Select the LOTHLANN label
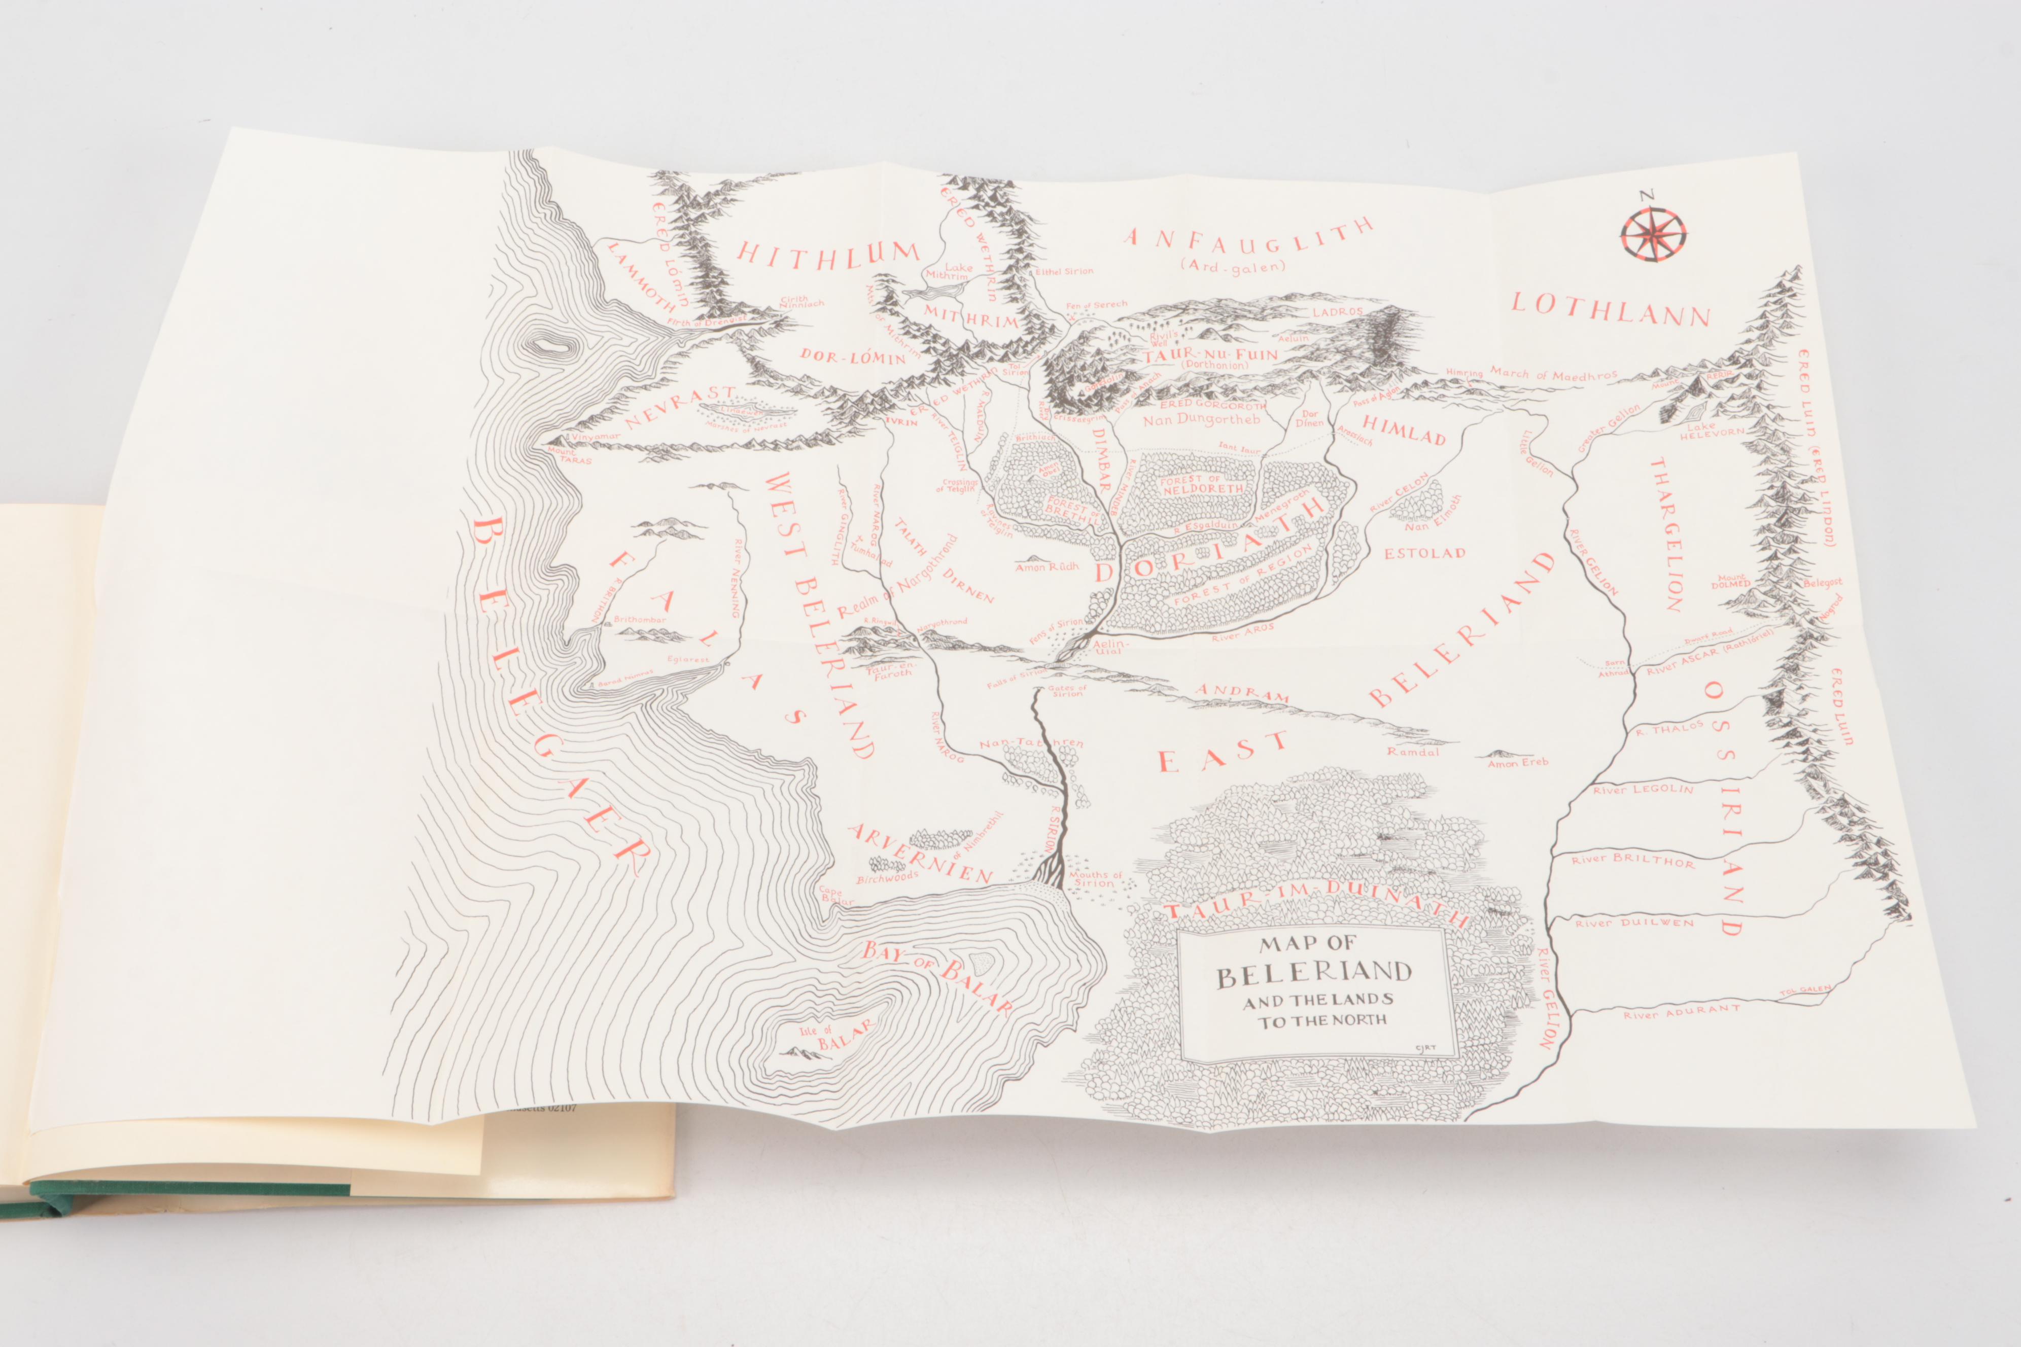tap(1610, 309)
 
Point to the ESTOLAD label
tap(1424, 553)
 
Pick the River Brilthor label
tap(1632, 859)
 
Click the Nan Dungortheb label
tap(1201, 420)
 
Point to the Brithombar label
tap(640, 619)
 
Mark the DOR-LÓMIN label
tap(853, 356)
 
